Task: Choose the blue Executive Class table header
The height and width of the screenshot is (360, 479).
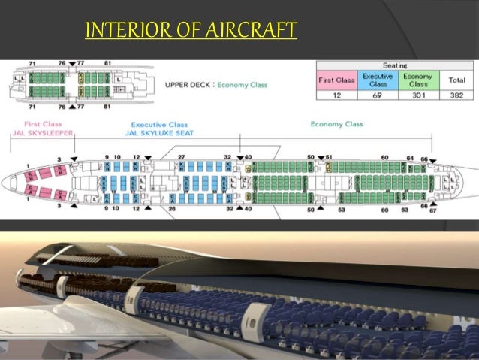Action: click(x=377, y=80)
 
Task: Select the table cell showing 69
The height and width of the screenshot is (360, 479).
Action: click(x=377, y=95)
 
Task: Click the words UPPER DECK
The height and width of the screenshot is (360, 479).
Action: click(x=188, y=85)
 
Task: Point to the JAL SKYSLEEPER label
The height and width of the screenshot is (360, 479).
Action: click(x=31, y=132)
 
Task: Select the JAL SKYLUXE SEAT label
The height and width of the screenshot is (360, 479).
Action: click(x=164, y=132)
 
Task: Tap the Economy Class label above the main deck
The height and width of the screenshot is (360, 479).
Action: click(x=336, y=124)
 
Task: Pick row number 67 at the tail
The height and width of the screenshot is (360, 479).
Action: click(x=432, y=210)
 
